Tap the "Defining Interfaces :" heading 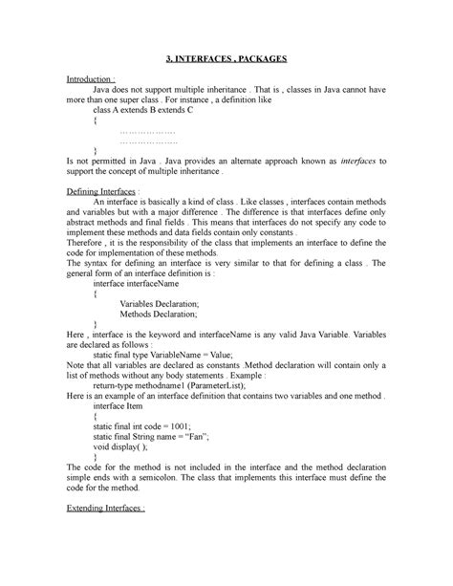pyautogui.click(x=98, y=192)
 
